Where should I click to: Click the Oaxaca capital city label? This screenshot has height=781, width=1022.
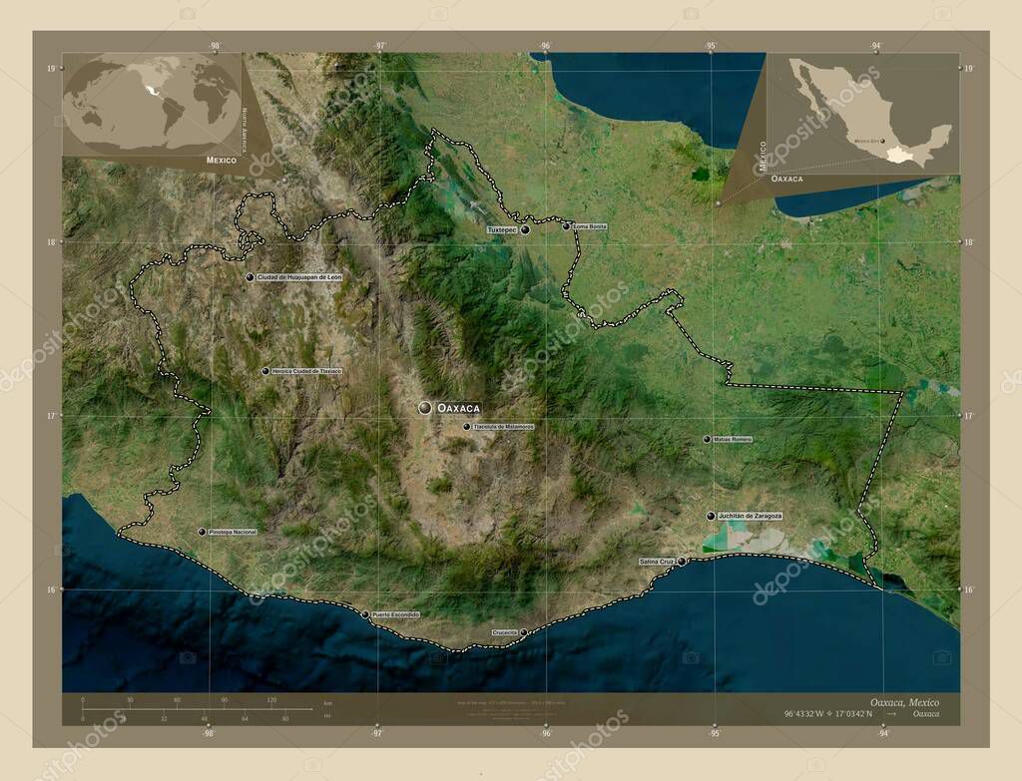point(459,408)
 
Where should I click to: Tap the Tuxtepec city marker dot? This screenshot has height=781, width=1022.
point(524,229)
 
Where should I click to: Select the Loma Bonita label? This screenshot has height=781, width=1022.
point(590,226)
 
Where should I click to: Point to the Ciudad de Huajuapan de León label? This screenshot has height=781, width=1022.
point(299,277)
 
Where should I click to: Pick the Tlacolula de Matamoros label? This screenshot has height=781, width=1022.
point(504,427)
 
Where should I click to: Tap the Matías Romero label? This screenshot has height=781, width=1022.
point(734,439)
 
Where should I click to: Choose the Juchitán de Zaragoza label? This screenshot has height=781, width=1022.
point(750,516)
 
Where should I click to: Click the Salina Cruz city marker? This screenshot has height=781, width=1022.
point(682,562)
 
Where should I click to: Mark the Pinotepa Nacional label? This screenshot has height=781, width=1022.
point(233,533)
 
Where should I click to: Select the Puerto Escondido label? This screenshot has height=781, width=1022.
point(396,614)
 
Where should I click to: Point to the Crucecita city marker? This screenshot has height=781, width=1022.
point(523,631)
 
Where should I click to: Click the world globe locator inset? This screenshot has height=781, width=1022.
point(152,104)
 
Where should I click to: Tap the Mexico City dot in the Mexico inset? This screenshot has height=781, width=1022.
point(882,142)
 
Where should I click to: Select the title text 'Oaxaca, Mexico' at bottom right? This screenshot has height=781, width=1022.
point(903,702)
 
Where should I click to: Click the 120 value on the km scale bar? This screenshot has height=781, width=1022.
point(271,700)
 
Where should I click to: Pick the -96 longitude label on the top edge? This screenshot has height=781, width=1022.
point(545,46)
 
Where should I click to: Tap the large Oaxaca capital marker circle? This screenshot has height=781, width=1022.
point(425,408)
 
